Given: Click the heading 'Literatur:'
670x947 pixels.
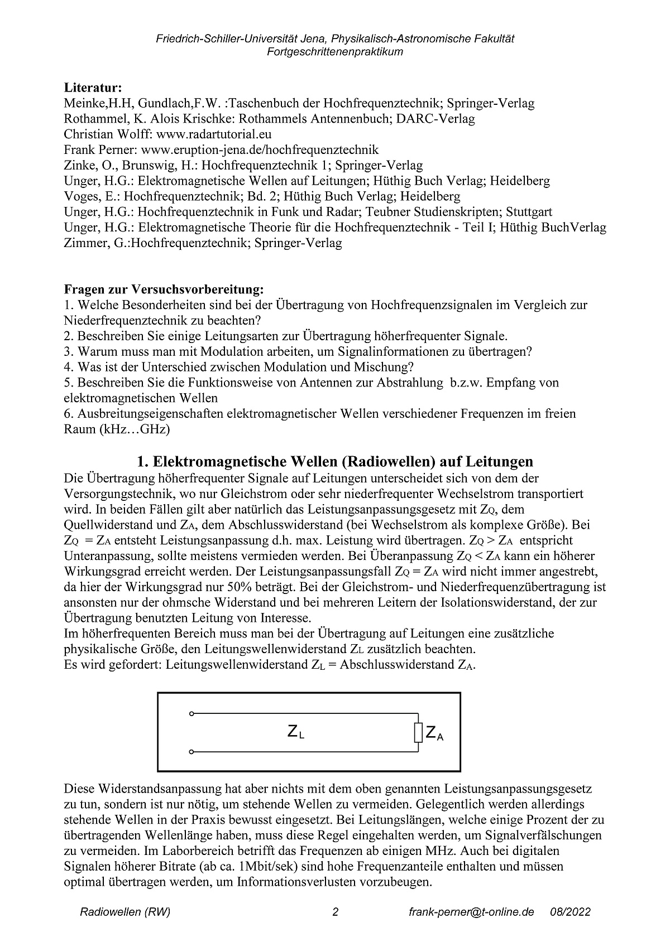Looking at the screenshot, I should pyautogui.click(x=93, y=88).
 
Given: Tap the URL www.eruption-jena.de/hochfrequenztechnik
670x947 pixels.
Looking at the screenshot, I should pyautogui.click(x=260, y=150).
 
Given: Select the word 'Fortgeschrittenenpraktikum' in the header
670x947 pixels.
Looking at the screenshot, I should pyautogui.click(x=335, y=52).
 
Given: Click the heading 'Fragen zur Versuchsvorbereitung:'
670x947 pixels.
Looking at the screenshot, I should pyautogui.click(x=164, y=289).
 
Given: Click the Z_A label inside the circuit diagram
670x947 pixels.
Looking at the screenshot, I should pyautogui.click(x=434, y=733).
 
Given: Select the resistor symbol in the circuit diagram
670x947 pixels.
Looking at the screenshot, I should pyautogui.click(x=418, y=733).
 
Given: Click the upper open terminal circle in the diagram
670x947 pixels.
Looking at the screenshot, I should pyautogui.click(x=192, y=713).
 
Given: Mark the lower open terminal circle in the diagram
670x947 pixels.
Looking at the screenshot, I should pyautogui.click(x=192, y=752).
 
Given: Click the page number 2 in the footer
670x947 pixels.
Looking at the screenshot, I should pyautogui.click(x=335, y=912).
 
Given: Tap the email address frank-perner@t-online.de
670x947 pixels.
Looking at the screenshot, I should pyautogui.click(x=471, y=912).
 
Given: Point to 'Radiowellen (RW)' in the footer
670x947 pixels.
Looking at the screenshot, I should pyautogui.click(x=125, y=912).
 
